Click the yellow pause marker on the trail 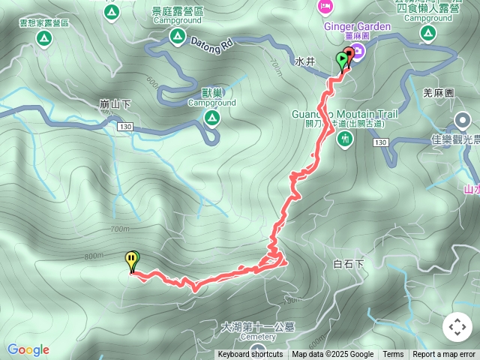point(132,260)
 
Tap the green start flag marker point(342,59)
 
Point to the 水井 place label point(304,61)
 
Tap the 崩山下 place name point(115,104)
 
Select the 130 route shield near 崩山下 point(125,128)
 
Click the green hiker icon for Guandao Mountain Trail point(345,138)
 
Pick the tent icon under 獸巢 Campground point(212,118)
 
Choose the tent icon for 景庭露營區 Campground point(178,36)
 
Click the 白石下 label point(347,264)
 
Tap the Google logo point(28,349)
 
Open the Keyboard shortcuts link point(250,355)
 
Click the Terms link point(393,355)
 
